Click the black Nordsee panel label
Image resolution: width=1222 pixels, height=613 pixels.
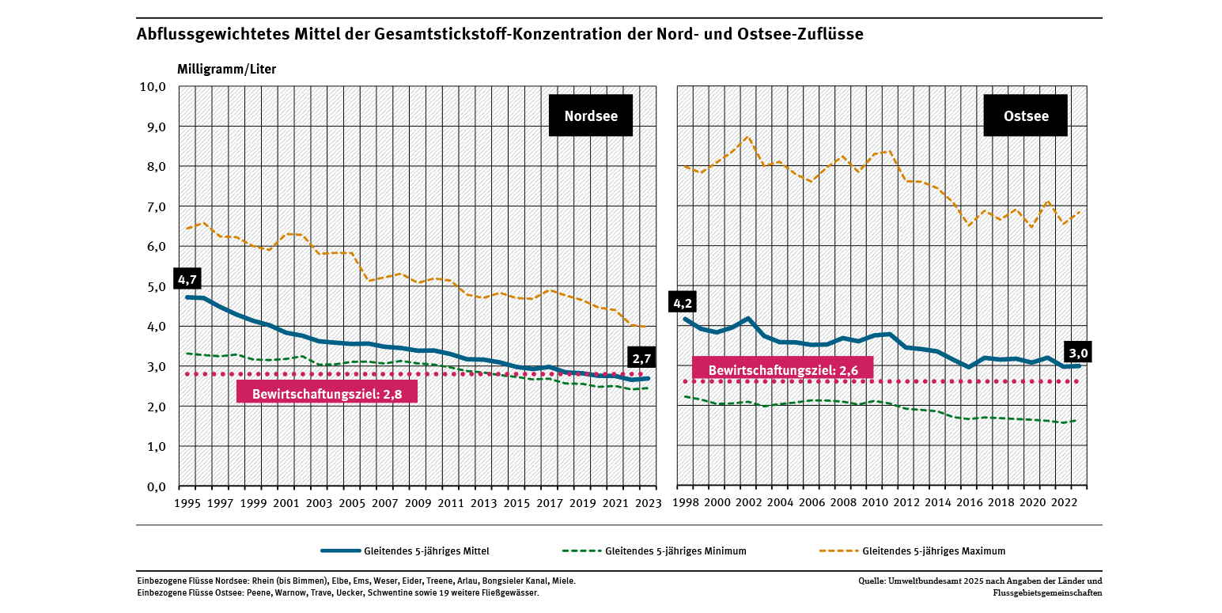coord(590,116)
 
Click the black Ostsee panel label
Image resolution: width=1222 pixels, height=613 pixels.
coord(1026,116)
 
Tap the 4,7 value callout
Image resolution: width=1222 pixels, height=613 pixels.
coord(188,279)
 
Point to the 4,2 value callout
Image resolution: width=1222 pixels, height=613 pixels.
coord(683,303)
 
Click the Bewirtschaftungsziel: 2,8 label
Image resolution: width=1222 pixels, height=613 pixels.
coord(327,393)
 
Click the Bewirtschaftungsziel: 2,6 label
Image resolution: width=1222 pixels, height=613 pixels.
coord(782,369)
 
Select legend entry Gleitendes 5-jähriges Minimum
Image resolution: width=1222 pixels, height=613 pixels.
coord(675,551)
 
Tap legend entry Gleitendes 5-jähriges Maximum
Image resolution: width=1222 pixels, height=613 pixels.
coord(933,551)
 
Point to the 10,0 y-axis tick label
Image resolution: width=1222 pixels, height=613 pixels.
coord(150,87)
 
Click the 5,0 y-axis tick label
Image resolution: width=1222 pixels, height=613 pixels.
coord(153,286)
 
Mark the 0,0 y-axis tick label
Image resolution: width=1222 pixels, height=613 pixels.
coord(153,486)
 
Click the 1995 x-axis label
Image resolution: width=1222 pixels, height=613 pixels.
coord(187,503)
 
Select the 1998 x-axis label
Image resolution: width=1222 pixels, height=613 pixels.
coord(686,503)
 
